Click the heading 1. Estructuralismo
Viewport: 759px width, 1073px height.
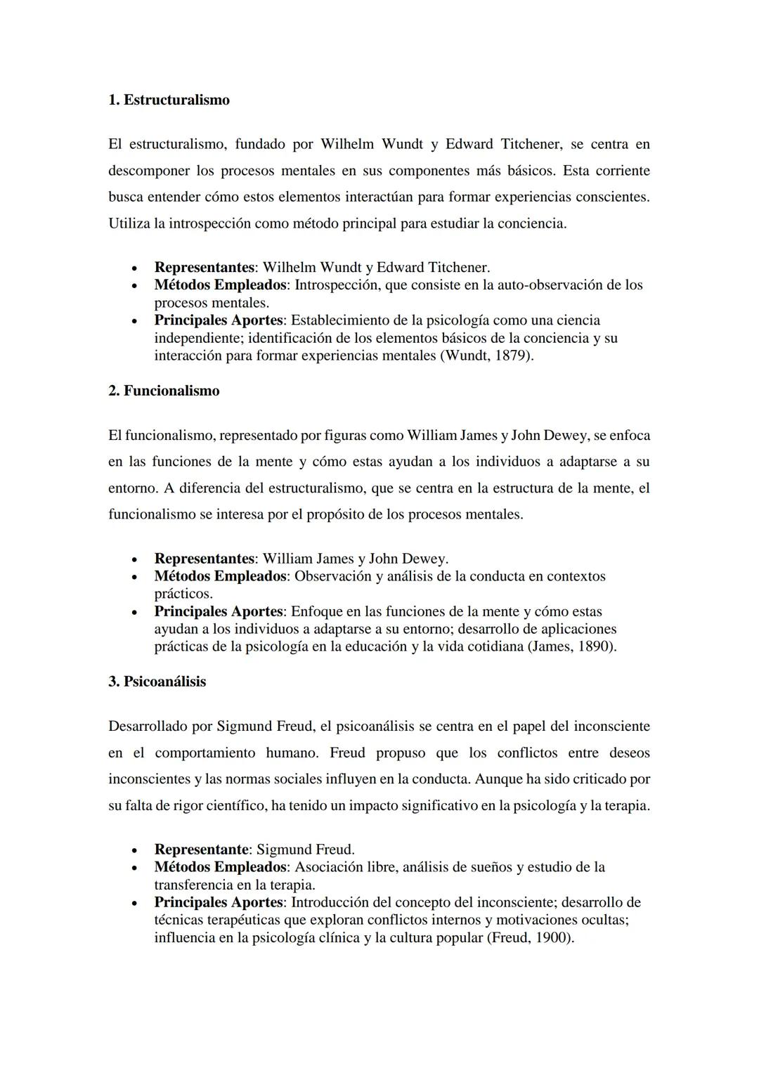(x=169, y=100)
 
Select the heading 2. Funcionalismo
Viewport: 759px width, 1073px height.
(x=164, y=391)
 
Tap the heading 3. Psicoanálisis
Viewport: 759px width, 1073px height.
(x=157, y=682)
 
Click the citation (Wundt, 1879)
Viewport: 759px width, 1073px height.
(x=487, y=356)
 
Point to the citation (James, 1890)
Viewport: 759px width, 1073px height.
(x=571, y=646)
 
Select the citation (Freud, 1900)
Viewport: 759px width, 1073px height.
(x=530, y=937)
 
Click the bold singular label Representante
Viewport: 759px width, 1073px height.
(x=201, y=850)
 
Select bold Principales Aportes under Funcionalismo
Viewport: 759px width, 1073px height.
(x=218, y=611)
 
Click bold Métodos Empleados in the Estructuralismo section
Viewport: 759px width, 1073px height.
(x=220, y=285)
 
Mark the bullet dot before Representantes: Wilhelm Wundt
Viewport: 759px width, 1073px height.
(x=134, y=268)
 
